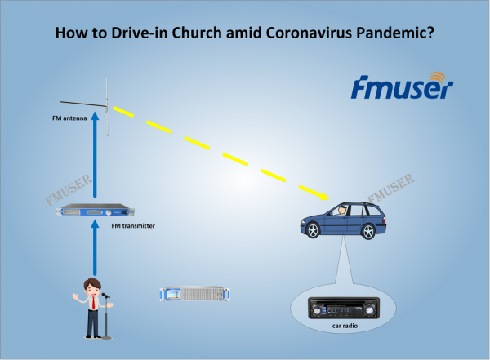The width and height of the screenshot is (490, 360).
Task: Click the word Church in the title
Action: [197, 33]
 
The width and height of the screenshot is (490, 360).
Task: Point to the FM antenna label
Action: [69, 118]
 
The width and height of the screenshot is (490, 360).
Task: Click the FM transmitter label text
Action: [133, 225]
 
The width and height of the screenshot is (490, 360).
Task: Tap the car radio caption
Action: [345, 326]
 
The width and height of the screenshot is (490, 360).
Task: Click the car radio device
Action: [344, 308]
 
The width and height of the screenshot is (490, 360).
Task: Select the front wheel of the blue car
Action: [313, 231]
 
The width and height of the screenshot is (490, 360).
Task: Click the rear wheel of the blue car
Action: [368, 231]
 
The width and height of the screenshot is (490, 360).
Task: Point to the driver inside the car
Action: [341, 211]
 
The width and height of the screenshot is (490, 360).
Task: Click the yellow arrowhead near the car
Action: [324, 196]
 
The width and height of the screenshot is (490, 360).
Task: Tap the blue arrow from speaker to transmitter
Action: [95, 248]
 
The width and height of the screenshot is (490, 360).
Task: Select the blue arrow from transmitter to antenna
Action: [95, 155]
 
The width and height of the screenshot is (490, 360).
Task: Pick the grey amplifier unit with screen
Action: [194, 294]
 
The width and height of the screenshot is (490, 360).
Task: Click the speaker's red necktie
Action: [93, 303]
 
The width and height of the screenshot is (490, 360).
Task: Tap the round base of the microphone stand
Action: [106, 337]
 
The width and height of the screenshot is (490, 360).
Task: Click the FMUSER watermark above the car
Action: [391, 188]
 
